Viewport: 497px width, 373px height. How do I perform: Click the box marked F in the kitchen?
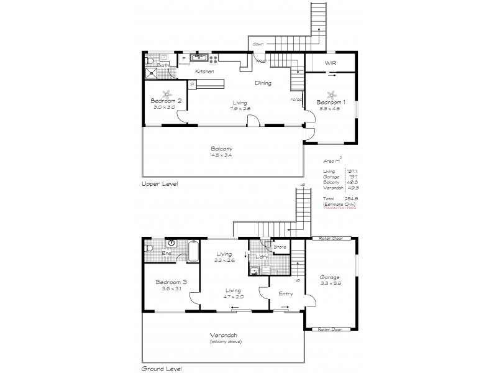click(184, 60)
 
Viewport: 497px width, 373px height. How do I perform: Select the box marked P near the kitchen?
click(193, 84)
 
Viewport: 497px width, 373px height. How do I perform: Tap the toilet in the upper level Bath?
click(150, 60)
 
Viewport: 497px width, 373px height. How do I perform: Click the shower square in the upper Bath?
click(152, 73)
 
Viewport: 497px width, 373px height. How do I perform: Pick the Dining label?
click(262, 83)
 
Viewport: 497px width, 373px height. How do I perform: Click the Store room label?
click(280, 247)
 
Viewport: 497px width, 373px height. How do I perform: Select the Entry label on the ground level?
click(286, 294)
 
